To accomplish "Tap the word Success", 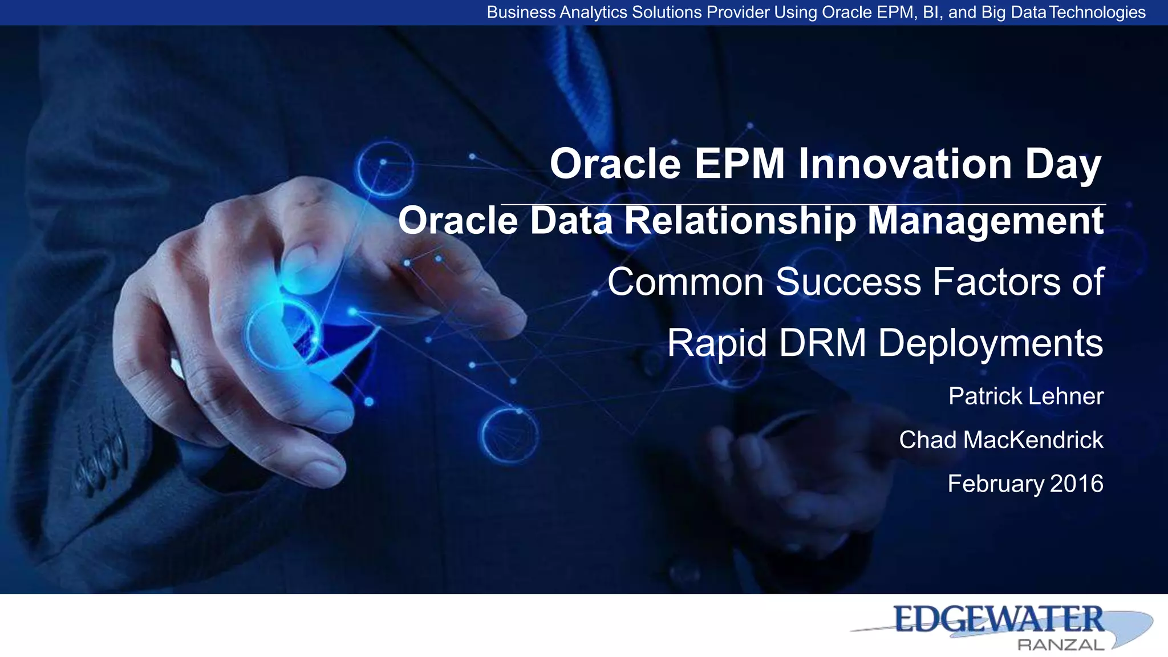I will tap(848, 282).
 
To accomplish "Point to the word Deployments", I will tap(990, 343).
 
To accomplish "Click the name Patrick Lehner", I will tap(1025, 396).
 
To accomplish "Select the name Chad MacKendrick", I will tap(1001, 440).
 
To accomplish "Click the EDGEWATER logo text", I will tap(998, 619).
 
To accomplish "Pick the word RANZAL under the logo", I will tap(1061, 645).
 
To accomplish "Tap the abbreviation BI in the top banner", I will tap(931, 12).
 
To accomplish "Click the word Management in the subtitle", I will tap(985, 221).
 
